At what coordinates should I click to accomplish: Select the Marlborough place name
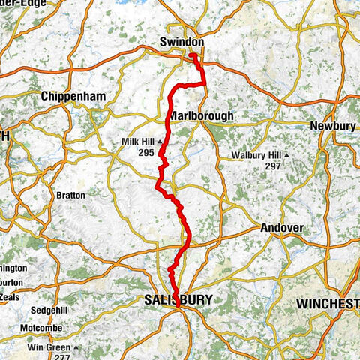point(201,116)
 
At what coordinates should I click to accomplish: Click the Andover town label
point(280,228)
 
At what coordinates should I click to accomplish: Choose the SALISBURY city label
point(177,300)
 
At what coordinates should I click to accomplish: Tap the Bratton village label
point(71,195)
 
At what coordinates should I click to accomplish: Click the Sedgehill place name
point(49,310)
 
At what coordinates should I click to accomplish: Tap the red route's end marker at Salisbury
point(177,305)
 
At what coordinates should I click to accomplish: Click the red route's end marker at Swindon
point(192,55)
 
